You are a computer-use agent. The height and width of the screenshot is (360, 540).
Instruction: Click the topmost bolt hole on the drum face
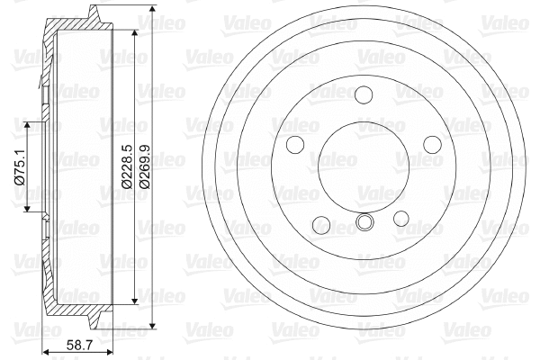click(x=364, y=94)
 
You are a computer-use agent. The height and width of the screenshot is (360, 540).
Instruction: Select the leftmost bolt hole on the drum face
click(x=293, y=145)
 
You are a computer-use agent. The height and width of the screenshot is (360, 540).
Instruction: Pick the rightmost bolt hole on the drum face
click(x=433, y=145)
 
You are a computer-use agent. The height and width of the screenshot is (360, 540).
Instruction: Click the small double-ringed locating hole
click(x=364, y=222)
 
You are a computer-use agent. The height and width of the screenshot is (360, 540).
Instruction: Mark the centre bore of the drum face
click(x=364, y=166)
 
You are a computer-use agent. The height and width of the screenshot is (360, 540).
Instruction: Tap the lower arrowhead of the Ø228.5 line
click(x=135, y=301)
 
